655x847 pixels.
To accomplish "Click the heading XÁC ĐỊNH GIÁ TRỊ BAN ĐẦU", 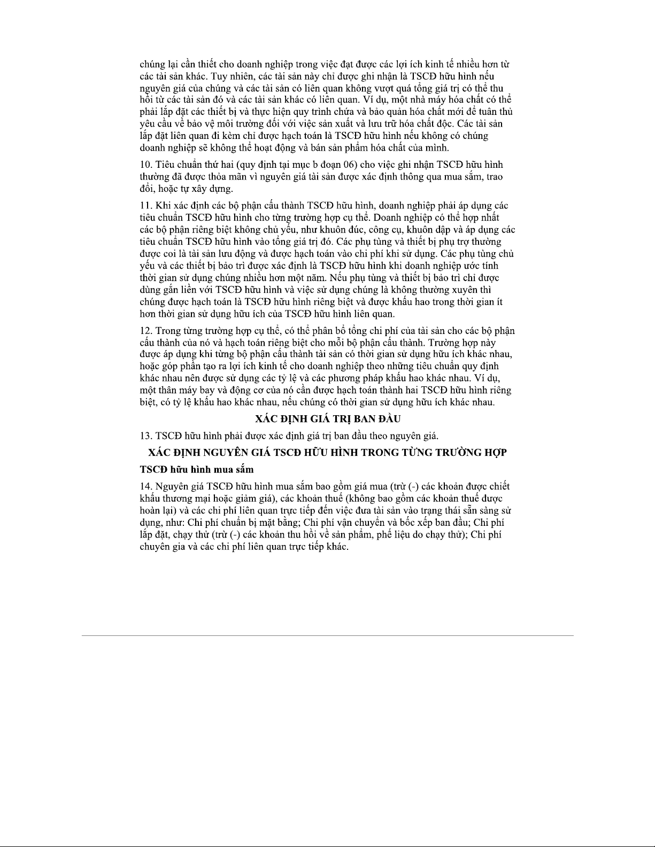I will point(328,418).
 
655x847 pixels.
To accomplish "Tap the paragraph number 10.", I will point(144,165).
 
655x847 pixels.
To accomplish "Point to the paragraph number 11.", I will point(144,206).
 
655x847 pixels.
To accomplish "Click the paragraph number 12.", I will point(144,331).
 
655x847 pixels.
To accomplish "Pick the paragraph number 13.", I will point(144,436).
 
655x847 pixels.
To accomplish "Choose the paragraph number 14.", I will point(144,486).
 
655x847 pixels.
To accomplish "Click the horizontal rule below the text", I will point(327,636).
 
